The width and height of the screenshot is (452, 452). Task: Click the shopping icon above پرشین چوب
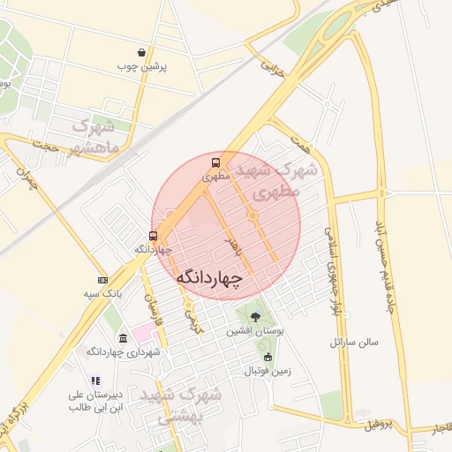coord(142,53)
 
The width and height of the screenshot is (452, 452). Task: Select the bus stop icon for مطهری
coord(215,163)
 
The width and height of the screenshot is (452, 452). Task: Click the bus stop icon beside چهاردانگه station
coord(154,236)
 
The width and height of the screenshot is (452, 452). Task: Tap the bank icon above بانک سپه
coord(102,279)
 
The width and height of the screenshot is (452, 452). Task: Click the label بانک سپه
coord(102,292)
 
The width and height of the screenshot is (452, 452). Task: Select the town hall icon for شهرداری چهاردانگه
coord(122,339)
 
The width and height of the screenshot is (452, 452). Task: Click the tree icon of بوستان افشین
coord(255,316)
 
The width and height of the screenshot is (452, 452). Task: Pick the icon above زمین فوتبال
coord(267,357)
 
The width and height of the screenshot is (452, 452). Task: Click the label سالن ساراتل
coord(354,341)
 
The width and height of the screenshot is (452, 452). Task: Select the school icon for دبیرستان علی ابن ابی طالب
coord(95,380)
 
